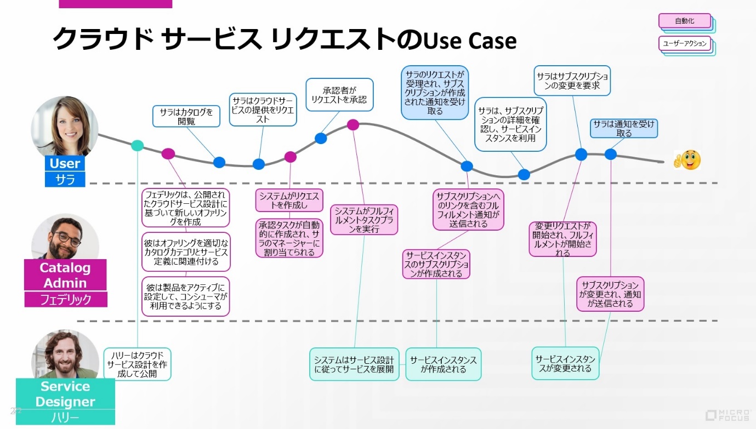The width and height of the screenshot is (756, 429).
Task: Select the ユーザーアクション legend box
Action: pos(685,43)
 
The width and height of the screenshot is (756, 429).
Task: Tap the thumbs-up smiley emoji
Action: pos(687,160)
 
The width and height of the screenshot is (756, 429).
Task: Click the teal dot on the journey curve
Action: pos(138,145)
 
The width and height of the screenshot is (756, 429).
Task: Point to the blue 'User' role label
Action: pos(65,163)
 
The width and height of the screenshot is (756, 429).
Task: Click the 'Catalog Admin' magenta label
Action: pos(65,275)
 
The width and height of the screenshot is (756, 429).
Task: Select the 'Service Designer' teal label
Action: pos(65,393)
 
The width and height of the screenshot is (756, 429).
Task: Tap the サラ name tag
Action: pos(65,179)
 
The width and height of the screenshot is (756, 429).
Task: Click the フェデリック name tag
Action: pos(65,300)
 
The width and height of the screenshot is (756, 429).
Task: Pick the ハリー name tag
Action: pos(65,417)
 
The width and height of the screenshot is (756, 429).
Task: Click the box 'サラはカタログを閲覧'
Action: pos(186,116)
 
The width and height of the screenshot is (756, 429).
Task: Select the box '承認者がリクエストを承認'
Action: pos(339,95)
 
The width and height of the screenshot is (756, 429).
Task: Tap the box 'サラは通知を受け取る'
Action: pos(624,128)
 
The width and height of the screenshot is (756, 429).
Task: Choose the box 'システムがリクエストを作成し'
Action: pos(289,201)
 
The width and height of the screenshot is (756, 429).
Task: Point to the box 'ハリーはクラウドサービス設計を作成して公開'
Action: pos(137,364)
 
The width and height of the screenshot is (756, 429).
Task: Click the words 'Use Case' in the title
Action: pos(470,40)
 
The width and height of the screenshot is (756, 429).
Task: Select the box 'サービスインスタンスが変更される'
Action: pos(565,363)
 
